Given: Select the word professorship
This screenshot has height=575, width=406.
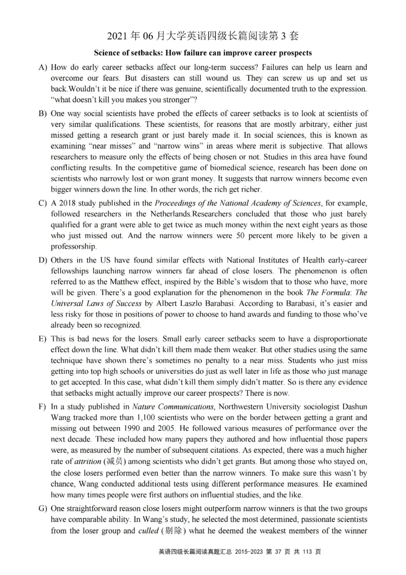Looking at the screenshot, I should click(x=74, y=247).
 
